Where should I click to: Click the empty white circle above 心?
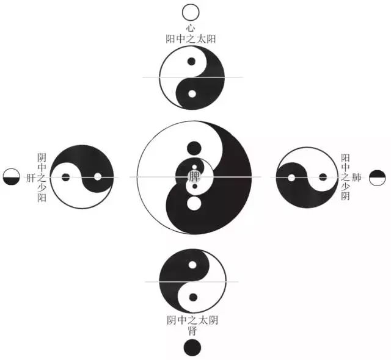[x=191, y=12]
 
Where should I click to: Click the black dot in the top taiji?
[x=192, y=62]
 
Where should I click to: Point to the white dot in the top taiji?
[x=192, y=94]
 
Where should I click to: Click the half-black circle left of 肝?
[x=11, y=178]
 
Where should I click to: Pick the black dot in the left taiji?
[x=66, y=178]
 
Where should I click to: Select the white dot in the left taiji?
[x=98, y=178]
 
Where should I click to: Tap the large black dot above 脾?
[x=194, y=148]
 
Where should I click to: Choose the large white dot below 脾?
[x=194, y=203]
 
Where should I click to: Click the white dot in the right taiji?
[x=291, y=178]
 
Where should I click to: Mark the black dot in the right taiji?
[x=323, y=178]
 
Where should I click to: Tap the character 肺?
[x=358, y=178]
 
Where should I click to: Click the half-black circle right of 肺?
[x=378, y=178]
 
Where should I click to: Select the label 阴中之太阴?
[x=192, y=320]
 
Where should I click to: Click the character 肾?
[x=192, y=331]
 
